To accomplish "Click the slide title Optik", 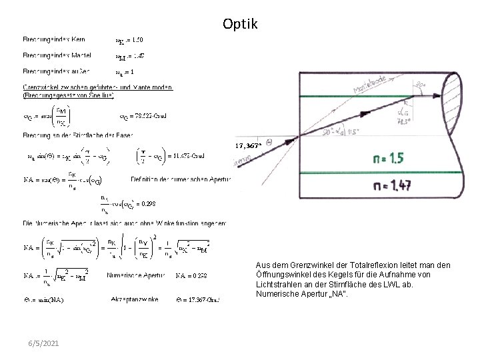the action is coord(239,25).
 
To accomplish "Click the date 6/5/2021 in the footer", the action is coord(43,343).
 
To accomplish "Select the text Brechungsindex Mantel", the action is coord(57,55).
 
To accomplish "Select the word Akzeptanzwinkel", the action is coord(135,300).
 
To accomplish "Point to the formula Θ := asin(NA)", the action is coord(45,300).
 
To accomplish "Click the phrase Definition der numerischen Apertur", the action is coord(182,179).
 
